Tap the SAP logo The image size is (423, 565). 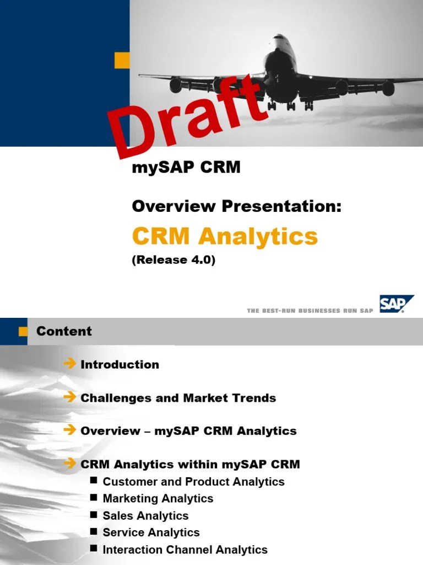[x=395, y=304]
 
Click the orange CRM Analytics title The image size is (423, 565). [x=225, y=237]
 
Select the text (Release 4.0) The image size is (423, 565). [x=173, y=260]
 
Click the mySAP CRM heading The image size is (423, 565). [x=186, y=168]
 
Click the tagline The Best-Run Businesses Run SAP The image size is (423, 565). [x=310, y=311]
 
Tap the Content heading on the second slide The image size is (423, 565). [x=64, y=331]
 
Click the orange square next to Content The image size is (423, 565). [x=23, y=331]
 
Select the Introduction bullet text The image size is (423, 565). [x=120, y=364]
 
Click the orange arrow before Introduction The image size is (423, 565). [x=69, y=364]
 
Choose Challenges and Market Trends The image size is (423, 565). [x=178, y=398]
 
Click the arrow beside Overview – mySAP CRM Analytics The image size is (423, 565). [x=69, y=430]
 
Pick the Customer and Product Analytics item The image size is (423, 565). [x=193, y=482]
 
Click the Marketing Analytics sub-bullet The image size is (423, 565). [x=158, y=499]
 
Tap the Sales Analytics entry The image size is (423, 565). [x=145, y=516]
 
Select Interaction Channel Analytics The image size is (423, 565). [x=185, y=550]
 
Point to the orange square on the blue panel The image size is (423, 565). [x=122, y=61]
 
